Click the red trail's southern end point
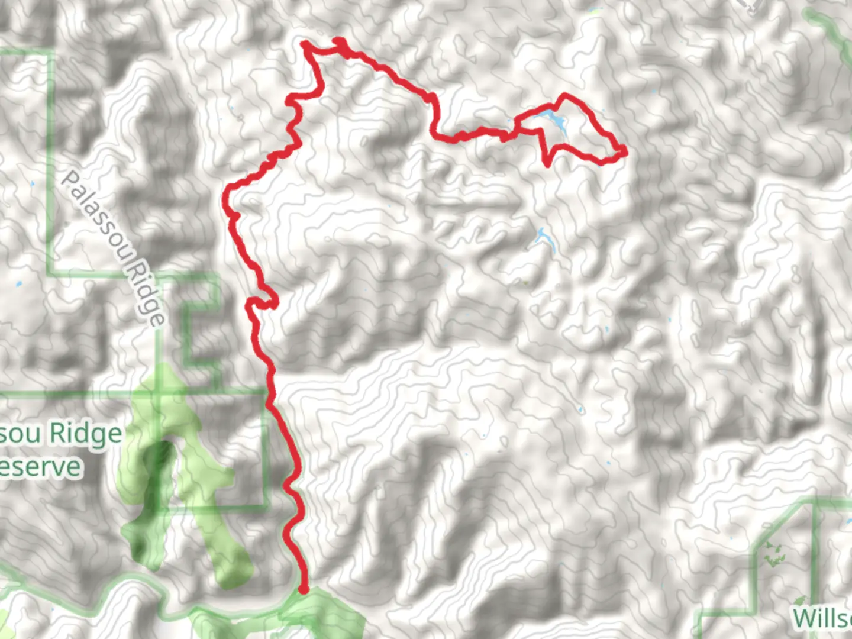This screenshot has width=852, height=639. click(303, 589)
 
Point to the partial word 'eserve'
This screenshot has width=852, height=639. click(40, 467)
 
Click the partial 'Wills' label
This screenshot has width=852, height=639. click(822, 618)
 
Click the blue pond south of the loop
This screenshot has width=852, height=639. click(544, 240)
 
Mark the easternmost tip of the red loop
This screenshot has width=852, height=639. click(624, 153)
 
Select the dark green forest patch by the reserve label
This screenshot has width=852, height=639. click(155, 473)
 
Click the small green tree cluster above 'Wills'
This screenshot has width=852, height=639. click(772, 553)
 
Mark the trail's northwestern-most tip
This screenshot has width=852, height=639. click(305, 43)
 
